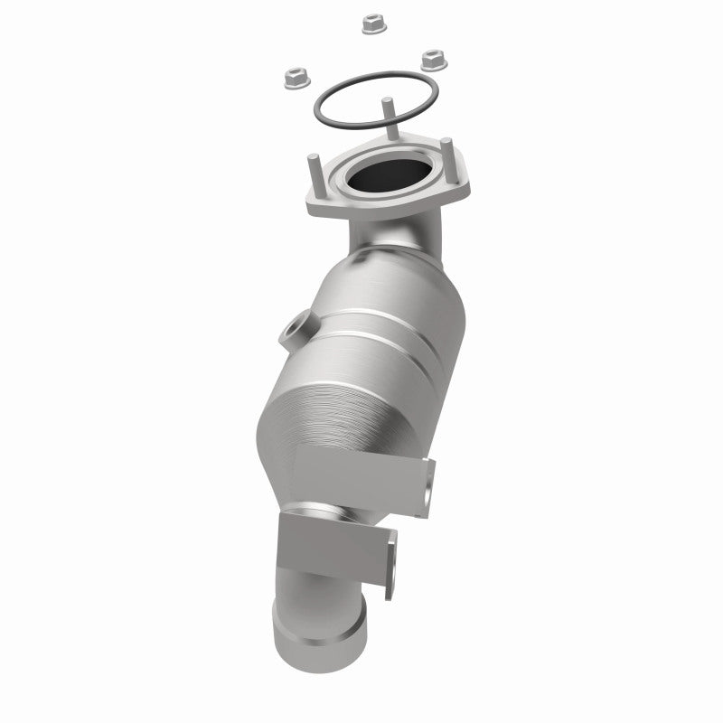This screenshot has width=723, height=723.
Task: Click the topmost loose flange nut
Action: [370, 23]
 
